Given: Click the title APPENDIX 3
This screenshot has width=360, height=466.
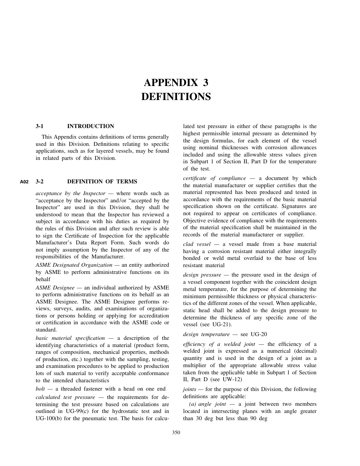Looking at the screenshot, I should (176, 83).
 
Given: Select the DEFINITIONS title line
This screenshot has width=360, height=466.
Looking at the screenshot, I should (176, 97).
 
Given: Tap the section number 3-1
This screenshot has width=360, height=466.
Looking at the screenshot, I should (40, 126).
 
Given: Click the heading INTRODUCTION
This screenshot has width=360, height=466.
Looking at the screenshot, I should (91, 126).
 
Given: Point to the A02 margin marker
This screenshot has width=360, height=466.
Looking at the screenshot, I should (24, 182).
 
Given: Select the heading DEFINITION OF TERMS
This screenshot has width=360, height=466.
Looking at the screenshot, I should (102, 181).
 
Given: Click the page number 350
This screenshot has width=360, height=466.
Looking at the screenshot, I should (176, 433).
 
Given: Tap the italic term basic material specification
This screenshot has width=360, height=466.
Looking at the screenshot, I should (70, 338).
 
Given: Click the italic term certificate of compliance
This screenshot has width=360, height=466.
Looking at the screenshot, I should (214, 178).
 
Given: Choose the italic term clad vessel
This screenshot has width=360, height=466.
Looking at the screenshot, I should (197, 244).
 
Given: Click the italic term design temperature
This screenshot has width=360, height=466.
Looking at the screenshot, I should (206, 334).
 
